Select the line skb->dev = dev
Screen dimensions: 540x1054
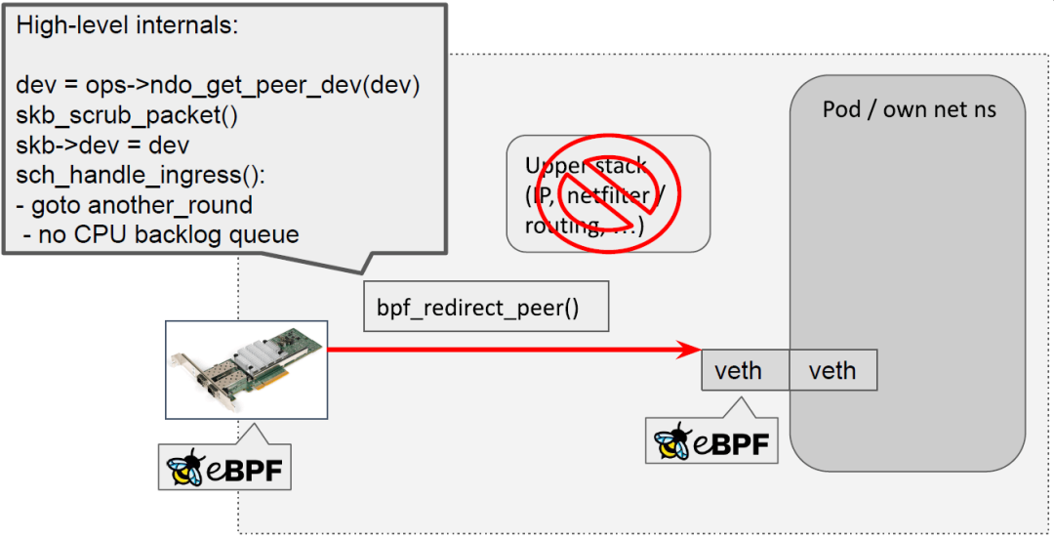click(x=102, y=145)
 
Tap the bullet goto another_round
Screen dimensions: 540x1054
click(x=135, y=205)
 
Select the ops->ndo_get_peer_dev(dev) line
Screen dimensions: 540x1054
click(x=218, y=86)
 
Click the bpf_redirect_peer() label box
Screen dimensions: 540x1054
click(x=485, y=307)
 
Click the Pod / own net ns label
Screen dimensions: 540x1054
click(x=909, y=108)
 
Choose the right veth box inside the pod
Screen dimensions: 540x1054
click(x=832, y=371)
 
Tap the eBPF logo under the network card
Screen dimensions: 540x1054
click(x=224, y=467)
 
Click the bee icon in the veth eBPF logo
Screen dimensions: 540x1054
click(x=673, y=441)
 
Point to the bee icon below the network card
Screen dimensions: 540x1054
click(x=184, y=468)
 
